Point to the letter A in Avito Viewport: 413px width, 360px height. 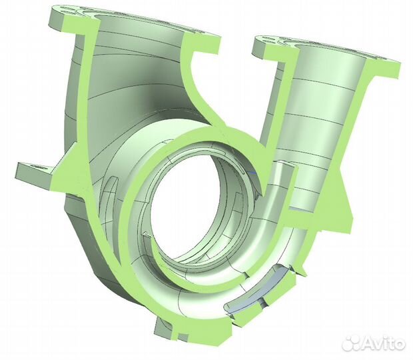367,343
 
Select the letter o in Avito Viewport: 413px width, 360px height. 400,345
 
